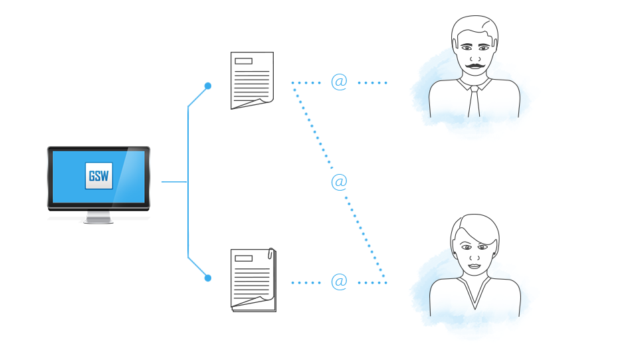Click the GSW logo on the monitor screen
99,175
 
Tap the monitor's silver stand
98,217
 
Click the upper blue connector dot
208,86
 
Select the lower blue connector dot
208,278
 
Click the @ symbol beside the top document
339,82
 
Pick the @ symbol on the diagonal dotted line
339,182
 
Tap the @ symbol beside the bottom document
339,282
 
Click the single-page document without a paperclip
252,80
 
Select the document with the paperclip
253,280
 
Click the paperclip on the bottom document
270,253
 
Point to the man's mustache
474,65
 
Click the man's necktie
474,102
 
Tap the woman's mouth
474,266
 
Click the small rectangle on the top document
243,61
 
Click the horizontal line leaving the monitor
174,182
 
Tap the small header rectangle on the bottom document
243,258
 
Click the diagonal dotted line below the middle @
365,237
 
